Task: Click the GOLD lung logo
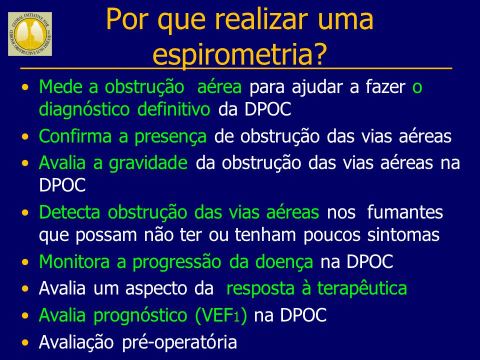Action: coord(30,34)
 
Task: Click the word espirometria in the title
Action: coord(239,54)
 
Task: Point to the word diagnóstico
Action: coord(84,109)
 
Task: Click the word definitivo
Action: coord(173,109)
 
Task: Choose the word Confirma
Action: coord(75,136)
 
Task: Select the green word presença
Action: coord(170,137)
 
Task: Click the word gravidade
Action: coord(148,163)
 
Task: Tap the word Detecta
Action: coord(69,212)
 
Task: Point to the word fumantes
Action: coord(404,212)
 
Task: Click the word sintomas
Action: coord(403,235)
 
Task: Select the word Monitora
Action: coord(74,261)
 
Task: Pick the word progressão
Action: coord(177,262)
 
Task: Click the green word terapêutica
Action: coord(362,288)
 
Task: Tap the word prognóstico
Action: coord(140,315)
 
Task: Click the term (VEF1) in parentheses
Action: coord(221,315)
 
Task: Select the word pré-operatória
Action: coord(179,342)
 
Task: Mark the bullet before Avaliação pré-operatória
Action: coord(25,342)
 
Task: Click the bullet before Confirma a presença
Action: coord(25,136)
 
